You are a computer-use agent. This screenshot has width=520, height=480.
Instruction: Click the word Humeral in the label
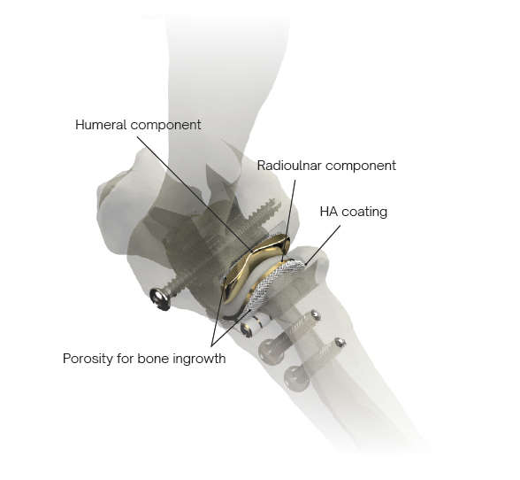(x=101, y=125)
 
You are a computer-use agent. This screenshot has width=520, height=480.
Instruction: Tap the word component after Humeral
(x=166, y=125)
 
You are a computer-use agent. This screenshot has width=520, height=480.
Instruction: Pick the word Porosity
(x=88, y=359)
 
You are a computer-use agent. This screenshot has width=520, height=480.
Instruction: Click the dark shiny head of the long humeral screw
(x=160, y=298)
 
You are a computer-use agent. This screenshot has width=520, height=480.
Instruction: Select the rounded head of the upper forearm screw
(x=272, y=352)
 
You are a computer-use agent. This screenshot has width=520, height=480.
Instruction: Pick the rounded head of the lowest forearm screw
(x=297, y=378)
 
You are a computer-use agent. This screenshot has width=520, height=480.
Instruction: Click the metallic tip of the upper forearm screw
(x=316, y=315)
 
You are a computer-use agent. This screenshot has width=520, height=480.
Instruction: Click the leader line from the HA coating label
(x=323, y=244)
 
